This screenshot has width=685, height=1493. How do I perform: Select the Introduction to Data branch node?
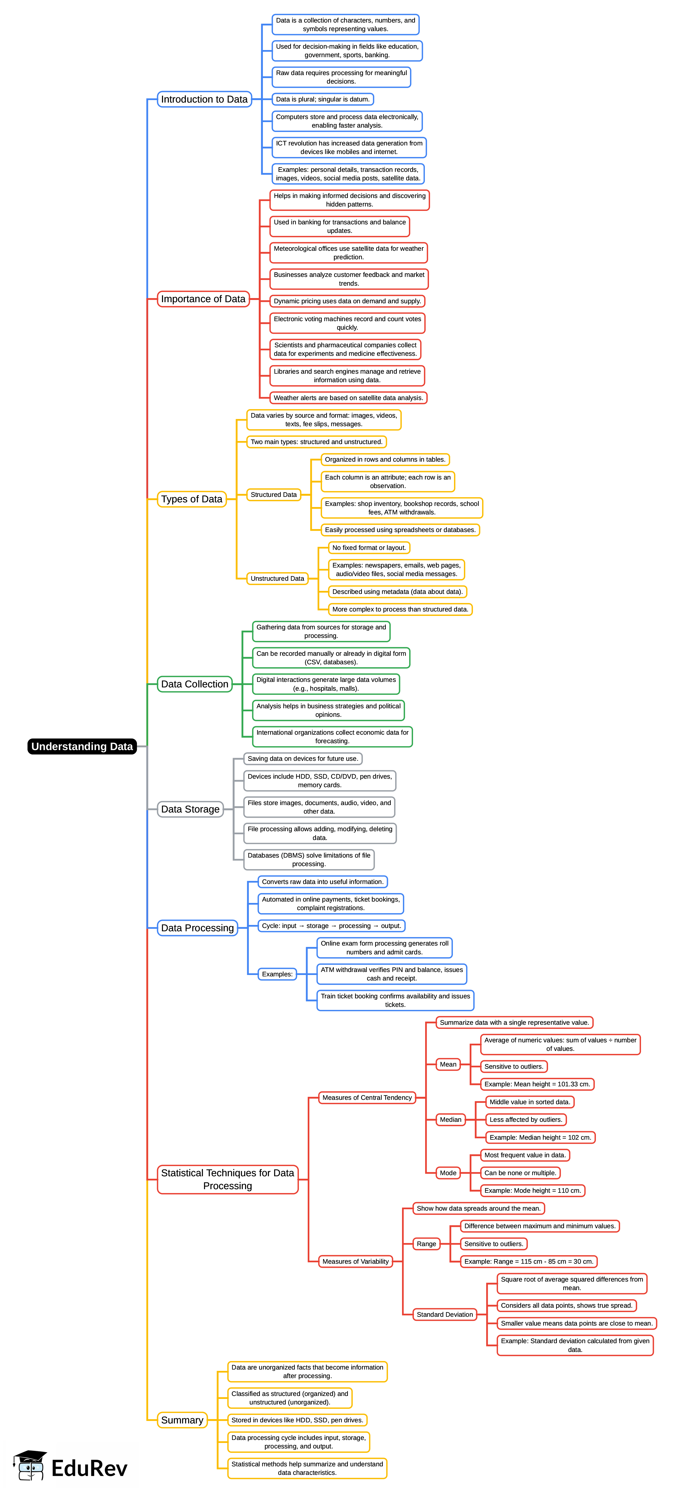point(204,99)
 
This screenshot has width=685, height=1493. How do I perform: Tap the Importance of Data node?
point(203,299)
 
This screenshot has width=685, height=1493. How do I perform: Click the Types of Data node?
point(191,499)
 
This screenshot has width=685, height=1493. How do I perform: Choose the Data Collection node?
point(195,684)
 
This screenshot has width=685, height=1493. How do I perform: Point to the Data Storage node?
point(190,809)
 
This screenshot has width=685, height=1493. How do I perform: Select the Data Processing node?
point(197,928)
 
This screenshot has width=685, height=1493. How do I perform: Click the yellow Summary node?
point(182,1420)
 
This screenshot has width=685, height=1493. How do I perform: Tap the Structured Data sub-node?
point(274,494)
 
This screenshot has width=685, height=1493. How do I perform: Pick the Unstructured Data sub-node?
point(277,579)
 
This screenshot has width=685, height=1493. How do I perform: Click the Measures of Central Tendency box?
point(367,1098)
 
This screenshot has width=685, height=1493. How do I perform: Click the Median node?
point(450,1120)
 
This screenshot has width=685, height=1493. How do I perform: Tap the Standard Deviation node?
point(444,1315)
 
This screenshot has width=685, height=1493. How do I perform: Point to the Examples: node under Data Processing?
point(277,974)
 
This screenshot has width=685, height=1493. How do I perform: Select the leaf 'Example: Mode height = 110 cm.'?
point(532,1191)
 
